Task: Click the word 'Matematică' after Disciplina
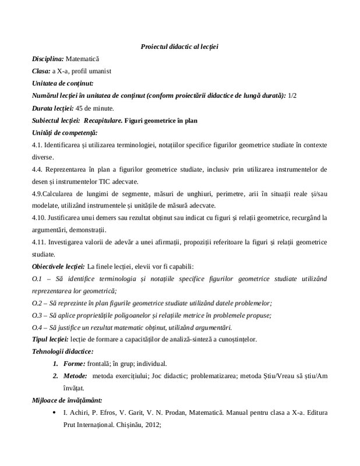(x=83, y=59)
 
